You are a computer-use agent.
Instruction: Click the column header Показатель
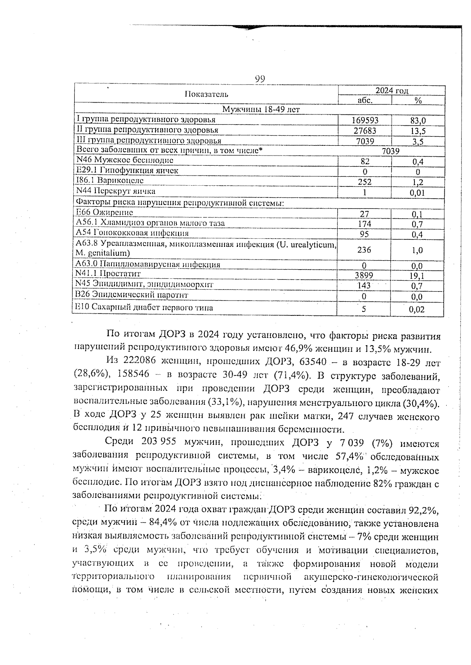coord(206,94)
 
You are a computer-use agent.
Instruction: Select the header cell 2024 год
coord(391,91)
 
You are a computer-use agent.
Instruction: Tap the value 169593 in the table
coord(365,120)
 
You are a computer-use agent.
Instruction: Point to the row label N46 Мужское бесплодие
coord(124,160)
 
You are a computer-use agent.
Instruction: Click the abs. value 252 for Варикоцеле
coord(365,182)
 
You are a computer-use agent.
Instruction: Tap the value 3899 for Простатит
coord(364,275)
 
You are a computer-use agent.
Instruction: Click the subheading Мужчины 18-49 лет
coord(261,110)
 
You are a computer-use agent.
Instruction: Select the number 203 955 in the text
coord(159,443)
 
